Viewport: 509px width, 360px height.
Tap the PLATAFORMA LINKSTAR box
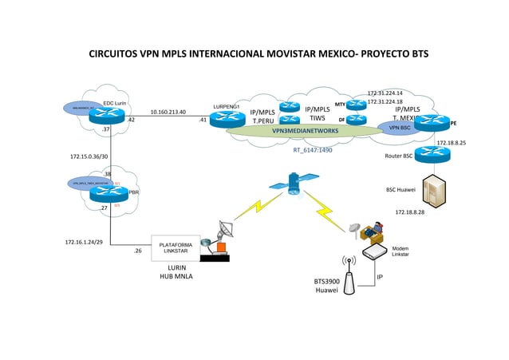pos(175,247)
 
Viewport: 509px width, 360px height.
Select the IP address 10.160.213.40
pos(168,113)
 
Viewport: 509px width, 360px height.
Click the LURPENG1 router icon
pos(227,118)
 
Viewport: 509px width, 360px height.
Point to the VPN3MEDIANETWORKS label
pos(305,130)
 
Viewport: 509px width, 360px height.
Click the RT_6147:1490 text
pos(312,149)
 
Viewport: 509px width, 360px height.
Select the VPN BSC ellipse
pos(394,128)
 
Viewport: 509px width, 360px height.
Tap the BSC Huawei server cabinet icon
pos(435,189)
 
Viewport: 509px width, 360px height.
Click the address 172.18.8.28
pos(409,212)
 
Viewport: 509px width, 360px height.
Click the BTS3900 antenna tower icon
pos(348,272)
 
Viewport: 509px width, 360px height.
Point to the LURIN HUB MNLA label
pos(176,272)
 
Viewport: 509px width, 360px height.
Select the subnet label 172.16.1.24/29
pos(84,241)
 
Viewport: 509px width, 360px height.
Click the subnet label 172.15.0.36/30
pos(89,156)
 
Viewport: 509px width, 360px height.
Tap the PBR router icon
pos(109,192)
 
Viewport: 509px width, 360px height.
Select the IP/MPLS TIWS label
pos(317,113)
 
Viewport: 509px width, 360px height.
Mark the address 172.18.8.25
pos(451,143)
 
